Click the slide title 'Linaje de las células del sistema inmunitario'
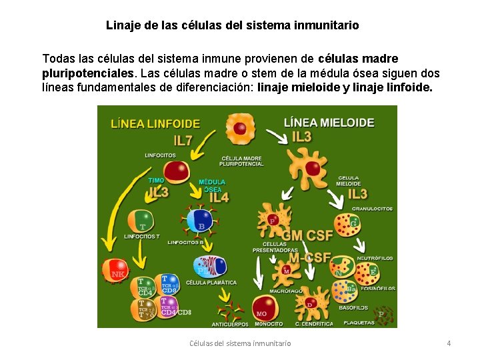pos(232,25)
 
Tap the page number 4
pos(449,343)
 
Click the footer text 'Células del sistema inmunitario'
pos(240,343)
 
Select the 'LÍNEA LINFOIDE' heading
pos(155,124)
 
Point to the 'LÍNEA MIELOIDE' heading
pos(329,123)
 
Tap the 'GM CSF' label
pos(307,235)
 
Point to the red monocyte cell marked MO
pos(262,308)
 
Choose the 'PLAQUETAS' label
pos(359,323)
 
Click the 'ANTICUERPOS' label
pos(230,325)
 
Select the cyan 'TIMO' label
pos(156,181)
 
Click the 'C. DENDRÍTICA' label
pos(314,324)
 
